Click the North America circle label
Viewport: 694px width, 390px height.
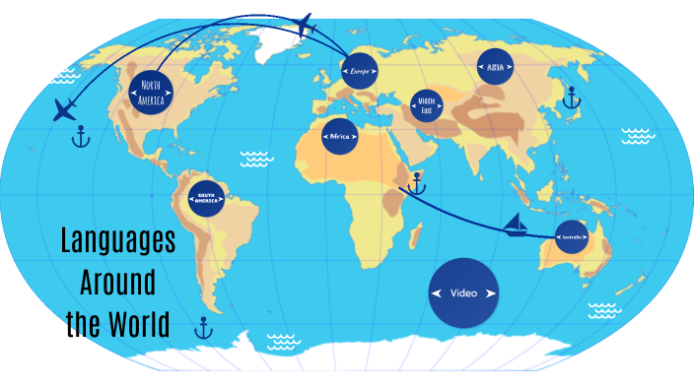point(150,93)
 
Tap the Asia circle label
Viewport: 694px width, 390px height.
point(495,67)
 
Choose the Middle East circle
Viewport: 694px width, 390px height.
point(427,104)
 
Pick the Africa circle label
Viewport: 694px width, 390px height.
point(340,137)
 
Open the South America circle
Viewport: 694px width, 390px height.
point(207,197)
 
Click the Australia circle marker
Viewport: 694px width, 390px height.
point(571,237)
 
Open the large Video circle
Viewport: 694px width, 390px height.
point(463,293)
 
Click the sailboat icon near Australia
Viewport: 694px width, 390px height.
point(516,227)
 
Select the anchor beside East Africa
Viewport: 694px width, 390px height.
point(416,183)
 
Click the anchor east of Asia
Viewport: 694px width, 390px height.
point(569,97)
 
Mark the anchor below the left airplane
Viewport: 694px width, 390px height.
point(81,138)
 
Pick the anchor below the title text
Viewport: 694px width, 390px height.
point(203,327)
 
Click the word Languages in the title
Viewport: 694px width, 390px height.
point(117,241)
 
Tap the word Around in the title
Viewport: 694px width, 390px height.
point(117,283)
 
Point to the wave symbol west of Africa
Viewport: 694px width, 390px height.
point(257,158)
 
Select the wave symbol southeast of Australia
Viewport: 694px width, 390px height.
point(604,310)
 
